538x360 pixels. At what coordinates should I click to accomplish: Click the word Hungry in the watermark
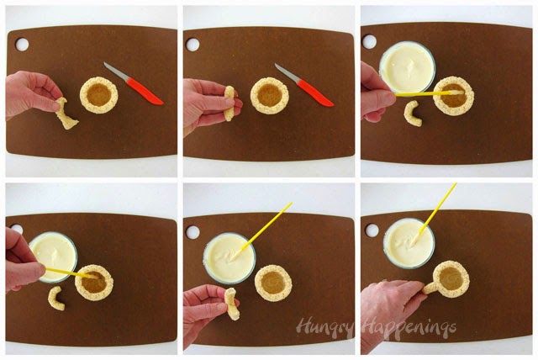click(x=324, y=327)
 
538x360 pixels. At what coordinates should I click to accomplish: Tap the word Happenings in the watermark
click(x=409, y=327)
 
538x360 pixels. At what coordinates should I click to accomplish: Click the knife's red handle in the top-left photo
click(x=145, y=91)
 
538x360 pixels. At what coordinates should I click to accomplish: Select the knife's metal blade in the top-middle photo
click(x=287, y=72)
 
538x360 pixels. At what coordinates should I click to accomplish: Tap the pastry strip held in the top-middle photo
click(x=229, y=103)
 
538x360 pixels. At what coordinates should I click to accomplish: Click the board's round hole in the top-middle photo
click(x=193, y=45)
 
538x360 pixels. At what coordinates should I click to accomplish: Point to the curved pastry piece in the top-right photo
click(x=412, y=114)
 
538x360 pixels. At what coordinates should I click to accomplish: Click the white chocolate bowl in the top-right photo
click(x=407, y=66)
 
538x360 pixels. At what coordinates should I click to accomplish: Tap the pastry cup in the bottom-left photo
click(x=94, y=283)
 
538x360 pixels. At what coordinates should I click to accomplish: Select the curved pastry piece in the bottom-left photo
click(x=56, y=298)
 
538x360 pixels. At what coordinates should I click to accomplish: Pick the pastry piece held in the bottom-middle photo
click(x=232, y=304)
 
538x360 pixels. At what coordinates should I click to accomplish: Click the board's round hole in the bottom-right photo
click(x=372, y=230)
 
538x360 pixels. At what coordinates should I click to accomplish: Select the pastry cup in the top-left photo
click(x=99, y=95)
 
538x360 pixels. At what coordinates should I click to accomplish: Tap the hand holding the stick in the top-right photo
click(x=377, y=93)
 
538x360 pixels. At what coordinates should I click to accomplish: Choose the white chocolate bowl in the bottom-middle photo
click(x=229, y=258)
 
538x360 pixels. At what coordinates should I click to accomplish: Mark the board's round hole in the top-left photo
click(x=22, y=45)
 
